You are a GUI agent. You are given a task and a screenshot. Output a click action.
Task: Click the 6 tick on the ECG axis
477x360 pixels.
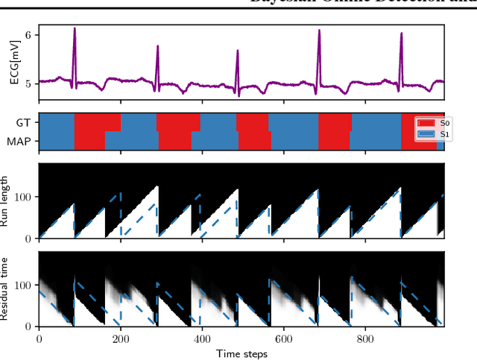click(x=29, y=35)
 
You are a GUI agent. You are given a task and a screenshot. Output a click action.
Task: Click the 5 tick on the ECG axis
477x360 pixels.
click(x=29, y=83)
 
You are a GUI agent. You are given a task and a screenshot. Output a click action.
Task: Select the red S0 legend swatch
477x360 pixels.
click(x=427, y=123)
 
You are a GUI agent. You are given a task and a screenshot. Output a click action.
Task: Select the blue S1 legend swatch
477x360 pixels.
click(x=427, y=134)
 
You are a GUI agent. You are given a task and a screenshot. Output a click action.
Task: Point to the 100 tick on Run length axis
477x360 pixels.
click(x=24, y=197)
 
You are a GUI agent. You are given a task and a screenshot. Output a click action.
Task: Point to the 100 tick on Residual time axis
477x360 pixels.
click(x=24, y=285)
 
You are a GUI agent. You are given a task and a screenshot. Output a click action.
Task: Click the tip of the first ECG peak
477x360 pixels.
click(x=75, y=28)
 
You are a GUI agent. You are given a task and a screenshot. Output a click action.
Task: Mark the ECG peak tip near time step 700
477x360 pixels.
click(x=319, y=30)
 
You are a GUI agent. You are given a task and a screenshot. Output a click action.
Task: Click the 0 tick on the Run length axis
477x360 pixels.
click(x=29, y=239)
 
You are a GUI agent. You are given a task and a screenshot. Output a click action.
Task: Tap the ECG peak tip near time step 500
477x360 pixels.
click(x=238, y=51)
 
